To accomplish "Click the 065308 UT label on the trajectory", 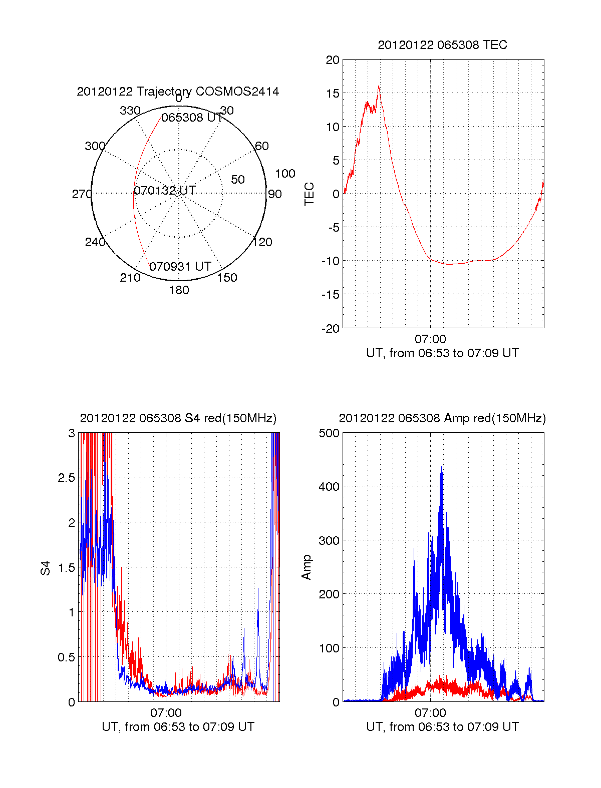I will pos(192,118).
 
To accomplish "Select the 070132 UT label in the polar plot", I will pos(165,191).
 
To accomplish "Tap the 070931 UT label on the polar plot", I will pos(180,267).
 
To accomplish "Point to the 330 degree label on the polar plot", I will pos(130,111).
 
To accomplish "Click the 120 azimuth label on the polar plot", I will pos(262,242).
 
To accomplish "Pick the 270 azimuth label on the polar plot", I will pos(82,194).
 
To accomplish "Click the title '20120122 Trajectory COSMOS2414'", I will pos(178,92).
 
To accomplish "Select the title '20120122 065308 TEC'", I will pos(442,45).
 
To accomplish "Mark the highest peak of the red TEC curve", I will pos(379,86).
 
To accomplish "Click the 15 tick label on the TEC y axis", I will pos(333,94).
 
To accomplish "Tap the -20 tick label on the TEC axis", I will pos(331,329).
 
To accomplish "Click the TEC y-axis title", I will pos(310,194).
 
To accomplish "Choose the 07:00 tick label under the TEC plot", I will pos(430,339).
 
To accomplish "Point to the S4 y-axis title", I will pos(46,568).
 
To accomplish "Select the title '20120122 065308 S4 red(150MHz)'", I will pos(178,418).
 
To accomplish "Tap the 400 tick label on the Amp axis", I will pos(329,486).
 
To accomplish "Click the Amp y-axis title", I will pos(307,567).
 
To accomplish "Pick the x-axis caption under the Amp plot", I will pos(442,727).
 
